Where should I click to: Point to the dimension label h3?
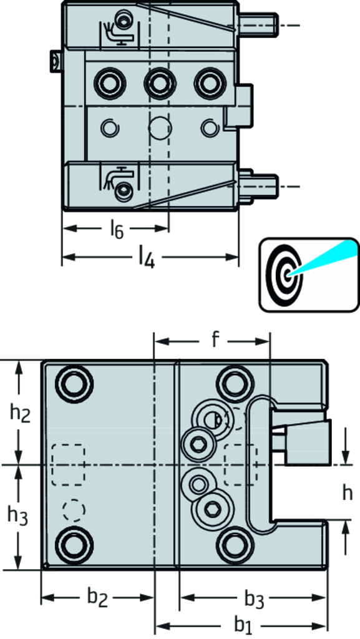click(18, 516)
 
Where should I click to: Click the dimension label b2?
click(98, 597)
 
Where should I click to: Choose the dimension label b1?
click(243, 624)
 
